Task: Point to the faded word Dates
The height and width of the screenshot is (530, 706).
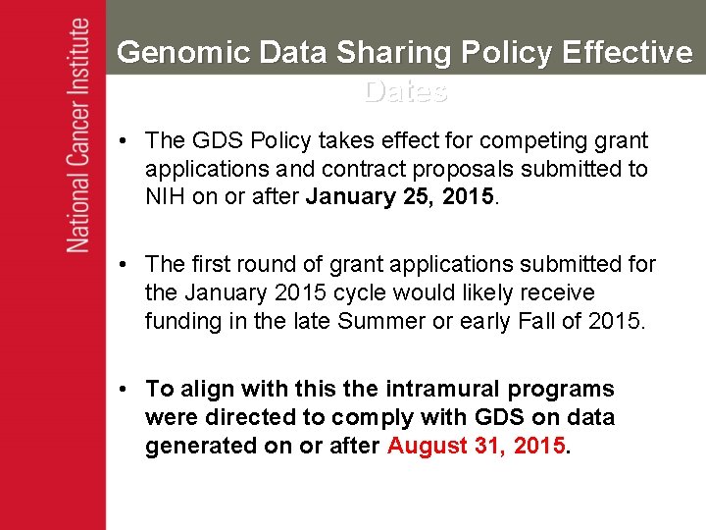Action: click(405, 91)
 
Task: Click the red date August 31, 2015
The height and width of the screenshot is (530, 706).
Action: click(477, 446)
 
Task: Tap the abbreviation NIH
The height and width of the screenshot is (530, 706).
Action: click(166, 196)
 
